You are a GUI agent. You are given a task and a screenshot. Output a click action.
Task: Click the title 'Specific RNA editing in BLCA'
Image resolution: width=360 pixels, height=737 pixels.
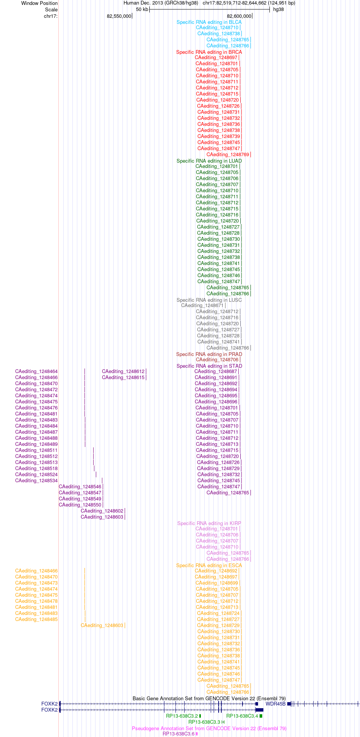tap(209, 22)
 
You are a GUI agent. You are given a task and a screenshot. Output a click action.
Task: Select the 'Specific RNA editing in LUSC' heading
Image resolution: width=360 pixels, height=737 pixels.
tap(209, 300)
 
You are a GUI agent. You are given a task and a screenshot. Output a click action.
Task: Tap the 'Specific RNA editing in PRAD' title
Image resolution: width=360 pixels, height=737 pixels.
tap(209, 354)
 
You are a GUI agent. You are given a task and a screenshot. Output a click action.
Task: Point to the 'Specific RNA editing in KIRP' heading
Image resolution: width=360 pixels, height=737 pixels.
tap(209, 524)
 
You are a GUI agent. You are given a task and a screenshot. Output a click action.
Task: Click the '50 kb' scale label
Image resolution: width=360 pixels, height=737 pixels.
tap(142, 9)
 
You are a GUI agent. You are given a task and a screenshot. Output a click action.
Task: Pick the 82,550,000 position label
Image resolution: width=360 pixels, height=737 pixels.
tap(119, 16)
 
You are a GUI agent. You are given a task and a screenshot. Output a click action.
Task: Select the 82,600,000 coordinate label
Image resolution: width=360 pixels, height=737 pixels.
tap(239, 16)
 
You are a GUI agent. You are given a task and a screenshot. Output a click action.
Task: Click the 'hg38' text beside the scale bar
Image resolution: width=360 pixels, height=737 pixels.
tap(279, 9)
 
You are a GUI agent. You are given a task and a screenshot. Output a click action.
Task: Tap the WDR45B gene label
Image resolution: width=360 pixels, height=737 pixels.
tap(275, 704)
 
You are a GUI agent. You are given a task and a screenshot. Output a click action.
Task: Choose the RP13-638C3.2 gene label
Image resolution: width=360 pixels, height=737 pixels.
tap(182, 716)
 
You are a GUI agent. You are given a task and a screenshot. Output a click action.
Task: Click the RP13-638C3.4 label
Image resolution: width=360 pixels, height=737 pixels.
tap(242, 716)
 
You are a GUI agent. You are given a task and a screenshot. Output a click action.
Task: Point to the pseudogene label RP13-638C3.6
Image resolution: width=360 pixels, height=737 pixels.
tap(178, 734)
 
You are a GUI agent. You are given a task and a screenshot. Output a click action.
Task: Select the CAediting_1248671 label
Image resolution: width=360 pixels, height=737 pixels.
tap(202, 306)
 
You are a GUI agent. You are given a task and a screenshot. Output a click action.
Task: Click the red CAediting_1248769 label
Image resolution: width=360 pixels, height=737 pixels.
tap(228, 155)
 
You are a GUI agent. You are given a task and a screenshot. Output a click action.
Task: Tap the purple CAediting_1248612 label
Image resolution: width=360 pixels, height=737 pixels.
tap(123, 372)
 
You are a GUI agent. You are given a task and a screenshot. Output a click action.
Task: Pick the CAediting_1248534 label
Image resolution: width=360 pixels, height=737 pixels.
tap(36, 481)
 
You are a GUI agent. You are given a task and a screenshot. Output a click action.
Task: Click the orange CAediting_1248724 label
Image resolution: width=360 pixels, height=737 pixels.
tap(218, 613)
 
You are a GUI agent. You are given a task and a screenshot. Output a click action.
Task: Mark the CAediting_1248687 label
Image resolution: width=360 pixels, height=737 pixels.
tap(216, 372)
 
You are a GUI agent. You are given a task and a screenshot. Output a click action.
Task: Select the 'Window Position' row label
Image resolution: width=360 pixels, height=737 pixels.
tap(39, 3)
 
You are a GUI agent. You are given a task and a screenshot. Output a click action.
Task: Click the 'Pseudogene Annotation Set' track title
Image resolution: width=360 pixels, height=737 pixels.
tap(209, 728)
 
